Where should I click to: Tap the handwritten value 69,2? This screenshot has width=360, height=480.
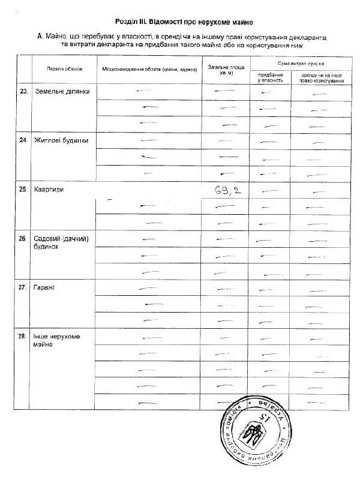[x=228, y=191]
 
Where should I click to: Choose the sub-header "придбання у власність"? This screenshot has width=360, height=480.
[x=270, y=76]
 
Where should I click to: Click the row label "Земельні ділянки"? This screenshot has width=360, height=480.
[x=62, y=92]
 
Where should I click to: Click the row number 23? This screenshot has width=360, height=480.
[x=24, y=92]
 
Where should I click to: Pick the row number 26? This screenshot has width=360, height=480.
[x=23, y=239]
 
